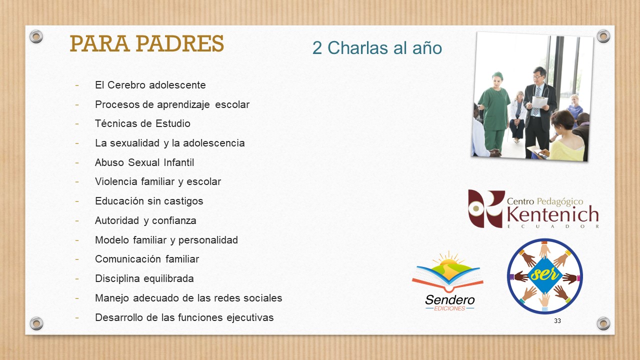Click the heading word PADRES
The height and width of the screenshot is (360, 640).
pos(179,43)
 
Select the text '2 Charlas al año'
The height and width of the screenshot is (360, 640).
pos(377,47)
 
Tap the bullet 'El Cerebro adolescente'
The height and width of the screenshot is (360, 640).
pos(150,85)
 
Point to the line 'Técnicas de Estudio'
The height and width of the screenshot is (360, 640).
pos(142,123)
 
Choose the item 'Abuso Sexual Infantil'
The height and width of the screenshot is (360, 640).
pos(144,162)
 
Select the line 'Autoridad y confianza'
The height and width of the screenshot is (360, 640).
pos(145,220)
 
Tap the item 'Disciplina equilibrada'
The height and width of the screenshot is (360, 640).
pos(144,278)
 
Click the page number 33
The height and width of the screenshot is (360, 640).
pos(557,321)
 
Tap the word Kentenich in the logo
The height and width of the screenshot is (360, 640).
pos(552,214)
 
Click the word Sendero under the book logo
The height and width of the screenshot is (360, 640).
pos(449,300)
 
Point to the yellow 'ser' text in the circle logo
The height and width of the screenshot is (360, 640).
pos(544,274)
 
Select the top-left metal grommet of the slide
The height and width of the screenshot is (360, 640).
pos(36,36)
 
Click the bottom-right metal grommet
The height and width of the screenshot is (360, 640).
pos(603,323)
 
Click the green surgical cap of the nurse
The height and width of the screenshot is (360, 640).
pos(497,75)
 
